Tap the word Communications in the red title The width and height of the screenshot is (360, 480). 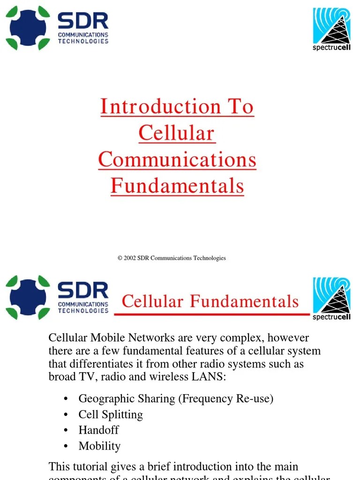pos(177,159)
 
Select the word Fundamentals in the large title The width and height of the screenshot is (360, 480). pos(177,186)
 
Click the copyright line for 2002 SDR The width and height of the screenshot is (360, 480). pos(172,258)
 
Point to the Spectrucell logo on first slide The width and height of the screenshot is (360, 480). pos(331,29)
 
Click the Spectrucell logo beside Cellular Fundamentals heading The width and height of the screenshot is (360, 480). pos(331,298)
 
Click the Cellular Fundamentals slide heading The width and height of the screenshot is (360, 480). pos(210,301)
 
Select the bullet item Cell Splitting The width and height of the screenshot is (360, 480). pos(111,414)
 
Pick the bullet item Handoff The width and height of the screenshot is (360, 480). pos(98,430)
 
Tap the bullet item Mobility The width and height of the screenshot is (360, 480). pos(99,446)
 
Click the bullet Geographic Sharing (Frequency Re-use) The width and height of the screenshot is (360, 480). pos(176,398)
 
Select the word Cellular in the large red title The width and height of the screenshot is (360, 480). pos(176,133)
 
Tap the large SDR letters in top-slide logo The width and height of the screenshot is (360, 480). pos(82,22)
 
